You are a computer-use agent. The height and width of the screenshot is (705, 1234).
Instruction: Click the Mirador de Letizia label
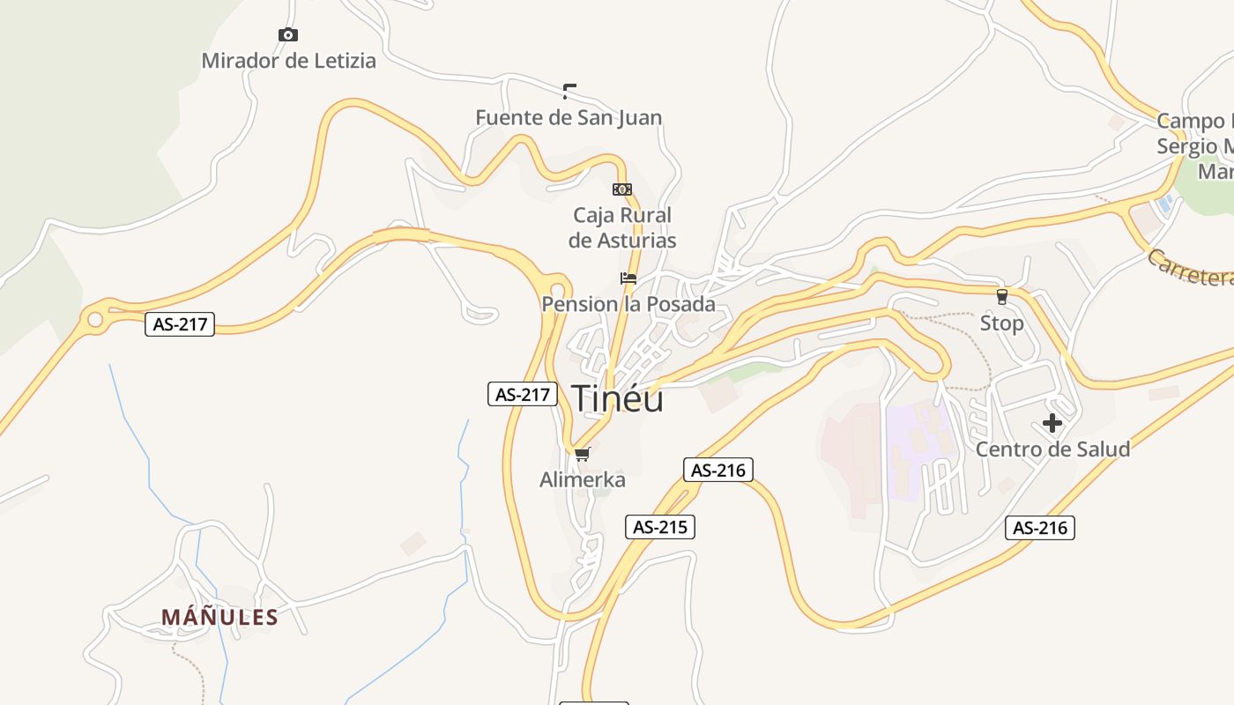[x=288, y=61]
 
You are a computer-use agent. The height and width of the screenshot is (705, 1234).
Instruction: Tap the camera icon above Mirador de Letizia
[x=287, y=35]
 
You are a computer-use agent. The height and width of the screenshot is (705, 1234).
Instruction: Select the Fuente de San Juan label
[x=569, y=117]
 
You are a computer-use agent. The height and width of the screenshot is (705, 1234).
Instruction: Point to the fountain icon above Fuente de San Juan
[x=569, y=90]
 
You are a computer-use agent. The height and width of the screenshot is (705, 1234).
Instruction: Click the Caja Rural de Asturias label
[x=622, y=227]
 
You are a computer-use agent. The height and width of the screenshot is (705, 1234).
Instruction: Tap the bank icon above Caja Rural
[x=622, y=189]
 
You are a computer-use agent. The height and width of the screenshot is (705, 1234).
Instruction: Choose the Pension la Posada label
[x=628, y=305]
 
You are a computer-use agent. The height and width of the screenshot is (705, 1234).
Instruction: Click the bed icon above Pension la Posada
[x=628, y=278]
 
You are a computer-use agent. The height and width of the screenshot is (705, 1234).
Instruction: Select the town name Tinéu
[x=618, y=398]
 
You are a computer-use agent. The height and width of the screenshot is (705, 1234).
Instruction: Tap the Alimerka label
[x=583, y=480]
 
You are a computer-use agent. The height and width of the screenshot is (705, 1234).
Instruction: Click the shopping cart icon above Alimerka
[x=582, y=455]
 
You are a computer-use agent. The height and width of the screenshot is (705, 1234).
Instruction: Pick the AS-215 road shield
[x=660, y=527]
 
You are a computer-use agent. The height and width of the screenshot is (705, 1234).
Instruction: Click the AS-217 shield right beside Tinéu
[x=523, y=394]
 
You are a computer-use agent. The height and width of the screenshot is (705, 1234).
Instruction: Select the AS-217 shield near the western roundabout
[x=180, y=323]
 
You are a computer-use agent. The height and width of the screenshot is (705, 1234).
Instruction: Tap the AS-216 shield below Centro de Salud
[x=1040, y=528]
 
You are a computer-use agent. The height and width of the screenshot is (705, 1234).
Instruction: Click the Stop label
[x=1002, y=323]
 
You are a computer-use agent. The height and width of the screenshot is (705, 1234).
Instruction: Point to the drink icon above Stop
[x=1001, y=297]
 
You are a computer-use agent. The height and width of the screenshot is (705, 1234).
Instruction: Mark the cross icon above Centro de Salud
[x=1052, y=423]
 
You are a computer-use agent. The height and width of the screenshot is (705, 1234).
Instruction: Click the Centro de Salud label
[x=1052, y=449]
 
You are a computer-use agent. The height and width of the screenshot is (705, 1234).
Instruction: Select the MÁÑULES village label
[x=219, y=617]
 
